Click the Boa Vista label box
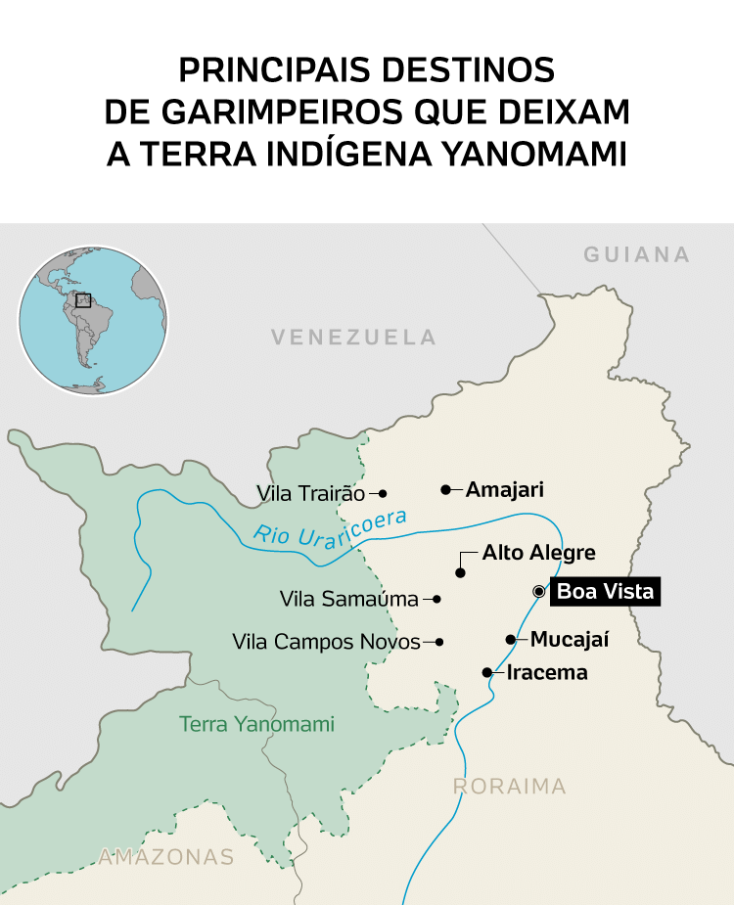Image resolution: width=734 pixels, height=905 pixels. point(604,592)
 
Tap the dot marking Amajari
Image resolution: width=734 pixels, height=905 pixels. point(445,489)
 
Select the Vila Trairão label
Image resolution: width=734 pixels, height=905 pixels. point(309,494)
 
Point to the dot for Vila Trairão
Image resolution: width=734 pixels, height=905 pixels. point(383,494)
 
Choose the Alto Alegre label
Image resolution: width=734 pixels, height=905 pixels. point(538,554)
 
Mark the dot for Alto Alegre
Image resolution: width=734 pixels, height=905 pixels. point(460,572)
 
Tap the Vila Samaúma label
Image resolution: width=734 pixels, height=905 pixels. point(348,599)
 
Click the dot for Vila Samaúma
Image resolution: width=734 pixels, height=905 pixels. point(437,599)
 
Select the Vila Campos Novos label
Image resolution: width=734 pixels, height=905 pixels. point(326,642)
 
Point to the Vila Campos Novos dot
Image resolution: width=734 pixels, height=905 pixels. point(439,642)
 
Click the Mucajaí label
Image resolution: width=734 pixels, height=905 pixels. point(570,640)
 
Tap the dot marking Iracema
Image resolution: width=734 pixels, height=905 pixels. point(487,672)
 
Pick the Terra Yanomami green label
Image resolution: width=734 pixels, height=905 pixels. point(256,725)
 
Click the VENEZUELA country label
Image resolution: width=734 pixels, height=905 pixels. point(353,338)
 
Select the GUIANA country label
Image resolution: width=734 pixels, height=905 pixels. point(637,255)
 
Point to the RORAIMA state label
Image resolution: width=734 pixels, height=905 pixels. point(509,787)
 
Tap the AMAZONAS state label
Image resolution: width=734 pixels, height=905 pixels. point(166,858)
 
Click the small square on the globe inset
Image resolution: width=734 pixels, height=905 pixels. point(83,300)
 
